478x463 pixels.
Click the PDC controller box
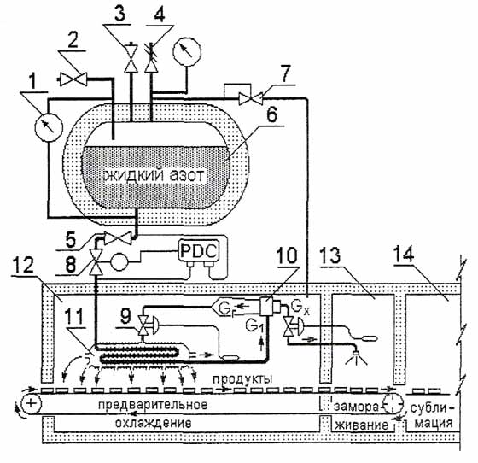point(199,251)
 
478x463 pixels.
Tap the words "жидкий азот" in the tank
point(154,176)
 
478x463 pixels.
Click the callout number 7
point(285,74)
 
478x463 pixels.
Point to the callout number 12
point(24,265)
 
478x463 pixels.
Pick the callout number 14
point(404,254)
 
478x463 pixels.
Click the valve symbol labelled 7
point(251,98)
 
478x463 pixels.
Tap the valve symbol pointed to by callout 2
point(73,79)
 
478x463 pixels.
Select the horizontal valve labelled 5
point(118,237)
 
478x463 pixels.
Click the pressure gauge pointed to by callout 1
point(49,127)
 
